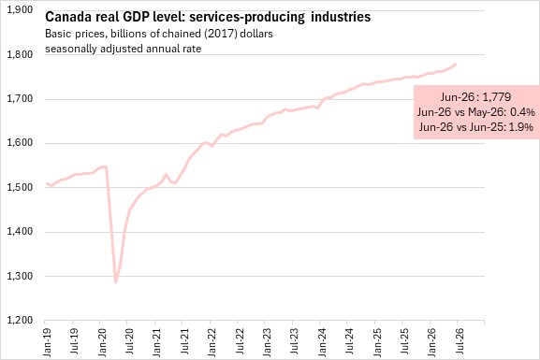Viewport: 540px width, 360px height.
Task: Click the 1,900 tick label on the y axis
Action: (20, 9)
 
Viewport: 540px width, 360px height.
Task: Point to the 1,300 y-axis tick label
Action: (20, 276)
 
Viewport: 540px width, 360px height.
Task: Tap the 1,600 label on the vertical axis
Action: (20, 143)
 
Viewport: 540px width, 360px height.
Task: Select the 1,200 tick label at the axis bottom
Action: (20, 321)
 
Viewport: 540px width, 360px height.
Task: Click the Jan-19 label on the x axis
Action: (47, 342)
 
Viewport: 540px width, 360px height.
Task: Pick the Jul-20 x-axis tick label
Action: (129, 341)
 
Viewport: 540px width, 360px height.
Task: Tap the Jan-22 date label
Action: (212, 342)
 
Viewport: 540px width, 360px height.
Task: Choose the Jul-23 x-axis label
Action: (295, 341)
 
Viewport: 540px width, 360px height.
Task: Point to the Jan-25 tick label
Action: (377, 342)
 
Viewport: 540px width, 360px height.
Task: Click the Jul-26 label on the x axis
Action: (460, 341)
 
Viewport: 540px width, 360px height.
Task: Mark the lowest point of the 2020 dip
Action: (116, 281)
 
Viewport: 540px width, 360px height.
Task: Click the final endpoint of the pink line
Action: (456, 64)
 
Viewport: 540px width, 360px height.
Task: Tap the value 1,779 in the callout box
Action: (497, 97)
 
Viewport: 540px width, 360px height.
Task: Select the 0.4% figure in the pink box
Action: (522, 112)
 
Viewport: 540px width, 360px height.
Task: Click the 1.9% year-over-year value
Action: (521, 127)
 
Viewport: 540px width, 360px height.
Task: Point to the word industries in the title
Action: (341, 17)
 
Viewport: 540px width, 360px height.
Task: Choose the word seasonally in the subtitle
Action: (71, 49)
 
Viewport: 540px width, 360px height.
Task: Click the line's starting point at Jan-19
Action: (47, 184)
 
